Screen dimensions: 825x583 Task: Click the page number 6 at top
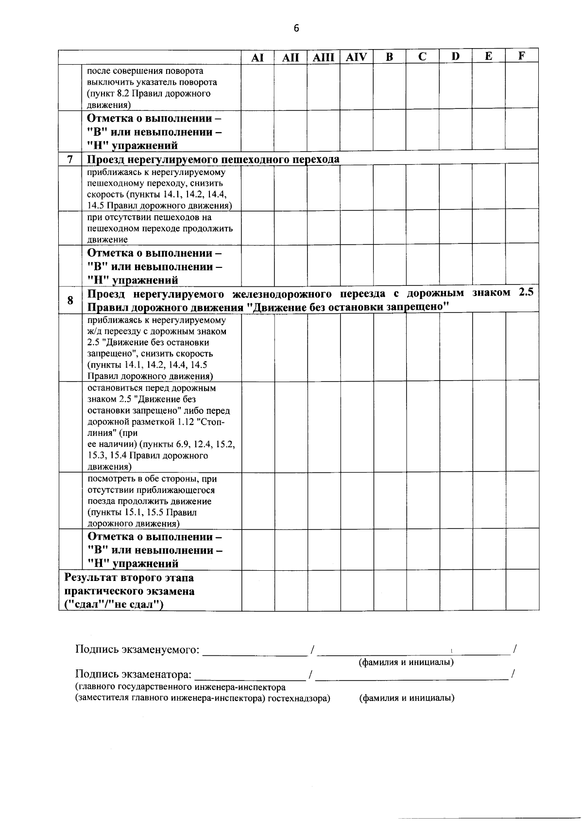[x=296, y=28]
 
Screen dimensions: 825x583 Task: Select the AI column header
[x=257, y=57]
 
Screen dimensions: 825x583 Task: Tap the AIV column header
[x=356, y=57]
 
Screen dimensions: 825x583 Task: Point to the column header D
[x=455, y=56]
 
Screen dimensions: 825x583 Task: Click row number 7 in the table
[x=70, y=159]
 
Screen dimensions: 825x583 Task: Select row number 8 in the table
[x=70, y=300]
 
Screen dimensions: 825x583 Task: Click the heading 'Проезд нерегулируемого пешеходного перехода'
[x=213, y=159]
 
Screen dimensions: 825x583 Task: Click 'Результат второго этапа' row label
[x=129, y=578]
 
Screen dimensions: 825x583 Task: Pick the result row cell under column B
[x=390, y=590]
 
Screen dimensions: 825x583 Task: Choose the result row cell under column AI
[x=257, y=590]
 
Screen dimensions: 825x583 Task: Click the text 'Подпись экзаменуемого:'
[x=137, y=649]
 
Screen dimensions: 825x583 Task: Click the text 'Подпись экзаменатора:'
[x=134, y=674]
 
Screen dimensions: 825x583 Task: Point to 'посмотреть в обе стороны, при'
[x=152, y=479]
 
